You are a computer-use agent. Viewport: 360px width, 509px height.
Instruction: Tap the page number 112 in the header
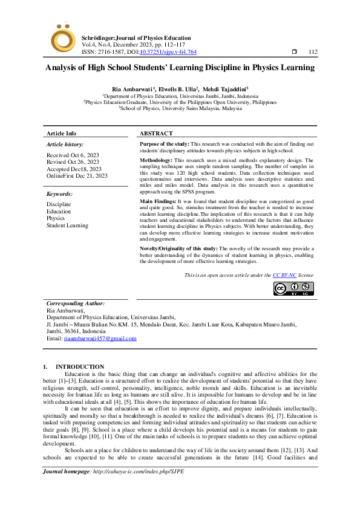[x=312, y=53]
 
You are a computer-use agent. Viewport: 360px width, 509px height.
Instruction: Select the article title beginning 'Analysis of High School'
[x=180, y=68]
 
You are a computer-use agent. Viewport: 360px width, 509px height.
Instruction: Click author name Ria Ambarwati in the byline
[x=132, y=89]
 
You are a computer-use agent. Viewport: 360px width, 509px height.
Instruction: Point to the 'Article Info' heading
[x=62, y=133]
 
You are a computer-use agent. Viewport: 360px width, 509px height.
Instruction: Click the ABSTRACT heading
[x=156, y=133]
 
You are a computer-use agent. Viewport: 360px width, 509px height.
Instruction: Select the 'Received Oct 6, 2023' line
[x=73, y=155]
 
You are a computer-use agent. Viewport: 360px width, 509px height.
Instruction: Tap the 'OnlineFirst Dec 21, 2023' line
[x=77, y=175]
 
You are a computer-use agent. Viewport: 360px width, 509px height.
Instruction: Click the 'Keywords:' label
[x=59, y=194]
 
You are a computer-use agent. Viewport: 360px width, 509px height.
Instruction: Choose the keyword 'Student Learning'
[x=67, y=225]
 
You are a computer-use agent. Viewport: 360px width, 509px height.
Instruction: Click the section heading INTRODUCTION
[x=80, y=367]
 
